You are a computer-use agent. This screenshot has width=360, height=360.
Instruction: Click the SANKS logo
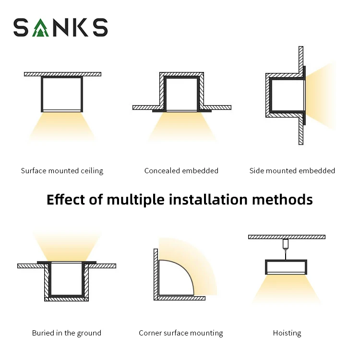[60, 28]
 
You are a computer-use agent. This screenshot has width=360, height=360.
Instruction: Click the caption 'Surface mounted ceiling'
[62, 171]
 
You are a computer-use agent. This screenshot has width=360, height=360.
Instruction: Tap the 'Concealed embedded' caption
[181, 171]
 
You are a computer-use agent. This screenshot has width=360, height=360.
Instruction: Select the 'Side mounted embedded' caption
[292, 171]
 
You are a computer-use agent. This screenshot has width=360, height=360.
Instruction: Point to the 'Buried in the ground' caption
[67, 333]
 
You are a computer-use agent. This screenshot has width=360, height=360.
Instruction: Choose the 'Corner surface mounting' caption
[181, 333]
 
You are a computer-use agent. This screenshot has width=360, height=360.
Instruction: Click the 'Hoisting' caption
[287, 333]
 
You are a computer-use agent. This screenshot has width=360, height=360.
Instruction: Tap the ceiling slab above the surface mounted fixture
[62, 74]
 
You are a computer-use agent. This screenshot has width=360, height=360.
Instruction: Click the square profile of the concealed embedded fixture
[181, 94]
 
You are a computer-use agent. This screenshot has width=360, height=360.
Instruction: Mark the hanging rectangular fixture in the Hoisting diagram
[287, 267]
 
